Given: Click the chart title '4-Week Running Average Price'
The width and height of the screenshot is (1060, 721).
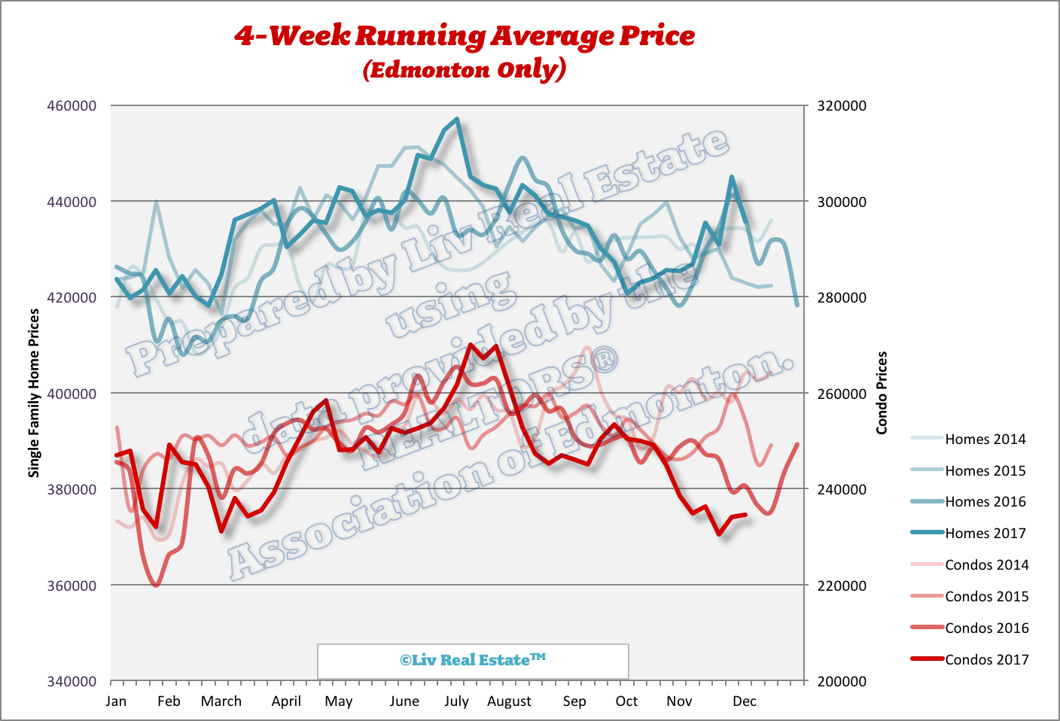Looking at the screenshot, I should pyautogui.click(x=465, y=35).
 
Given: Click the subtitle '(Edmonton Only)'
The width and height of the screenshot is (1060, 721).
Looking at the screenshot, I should pyautogui.click(x=465, y=69).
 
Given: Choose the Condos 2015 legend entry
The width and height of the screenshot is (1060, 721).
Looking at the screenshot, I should pyautogui.click(x=986, y=596).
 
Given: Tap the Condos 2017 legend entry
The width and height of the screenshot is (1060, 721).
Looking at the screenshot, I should pyautogui.click(x=986, y=659).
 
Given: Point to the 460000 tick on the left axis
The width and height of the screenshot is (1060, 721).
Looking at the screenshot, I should pyautogui.click(x=72, y=105).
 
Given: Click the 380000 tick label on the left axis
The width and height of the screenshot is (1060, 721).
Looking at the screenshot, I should pyautogui.click(x=72, y=489).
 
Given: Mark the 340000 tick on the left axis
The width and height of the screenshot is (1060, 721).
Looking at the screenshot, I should pyautogui.click(x=72, y=681).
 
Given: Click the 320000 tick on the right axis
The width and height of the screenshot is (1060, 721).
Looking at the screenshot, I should pyautogui.click(x=842, y=105).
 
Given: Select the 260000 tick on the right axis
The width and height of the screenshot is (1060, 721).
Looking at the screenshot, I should pyautogui.click(x=842, y=394).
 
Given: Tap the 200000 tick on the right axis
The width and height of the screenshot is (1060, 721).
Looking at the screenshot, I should pyautogui.click(x=842, y=681).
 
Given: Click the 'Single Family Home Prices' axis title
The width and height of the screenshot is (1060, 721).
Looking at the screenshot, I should pyautogui.click(x=34, y=393).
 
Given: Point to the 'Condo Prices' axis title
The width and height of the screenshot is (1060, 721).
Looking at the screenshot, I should pyautogui.click(x=882, y=393).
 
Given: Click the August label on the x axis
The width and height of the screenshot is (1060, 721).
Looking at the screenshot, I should pyautogui.click(x=509, y=701).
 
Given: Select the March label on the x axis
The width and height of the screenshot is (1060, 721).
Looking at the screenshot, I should pyautogui.click(x=221, y=701).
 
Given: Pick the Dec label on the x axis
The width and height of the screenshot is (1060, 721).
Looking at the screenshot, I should pyautogui.click(x=744, y=701).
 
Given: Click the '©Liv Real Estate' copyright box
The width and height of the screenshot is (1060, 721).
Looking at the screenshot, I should pyautogui.click(x=473, y=660).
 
